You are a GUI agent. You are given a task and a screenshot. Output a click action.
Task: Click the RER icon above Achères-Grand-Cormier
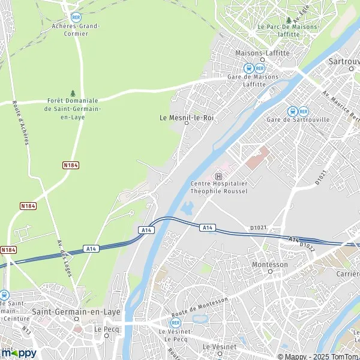tap(76, 17)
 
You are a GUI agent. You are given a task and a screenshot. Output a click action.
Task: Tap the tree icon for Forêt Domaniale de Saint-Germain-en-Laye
tap(73, 93)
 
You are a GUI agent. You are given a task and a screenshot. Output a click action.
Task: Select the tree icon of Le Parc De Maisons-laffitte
tap(288, 19)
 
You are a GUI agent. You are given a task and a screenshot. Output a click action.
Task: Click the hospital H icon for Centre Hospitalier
tap(218, 176)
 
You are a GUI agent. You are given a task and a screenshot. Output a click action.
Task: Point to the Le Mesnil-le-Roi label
tap(187, 118)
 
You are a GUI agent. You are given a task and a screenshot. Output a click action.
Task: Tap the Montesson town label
tap(270, 264)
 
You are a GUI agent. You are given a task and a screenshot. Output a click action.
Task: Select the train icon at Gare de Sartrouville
tap(292, 111)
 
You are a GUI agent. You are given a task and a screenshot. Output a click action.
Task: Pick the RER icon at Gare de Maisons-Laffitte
tap(260, 68)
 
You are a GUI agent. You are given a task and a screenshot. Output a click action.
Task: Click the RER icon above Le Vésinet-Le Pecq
tap(175, 322)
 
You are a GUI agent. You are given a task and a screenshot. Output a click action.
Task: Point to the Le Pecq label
tap(104, 329)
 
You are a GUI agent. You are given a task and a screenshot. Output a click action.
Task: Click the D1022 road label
tap(307, 246)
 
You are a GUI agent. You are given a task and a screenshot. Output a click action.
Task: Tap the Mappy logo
tap(19, 352)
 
